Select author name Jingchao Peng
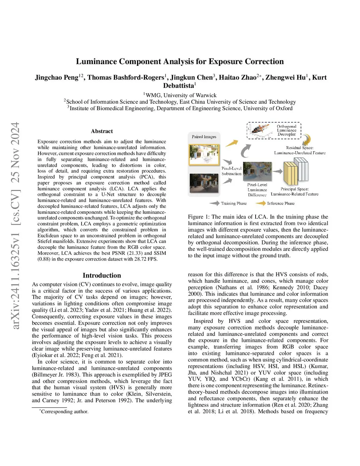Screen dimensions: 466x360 click(57, 77)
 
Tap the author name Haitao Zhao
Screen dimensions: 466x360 click(238, 77)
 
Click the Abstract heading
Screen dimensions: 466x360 click(102, 131)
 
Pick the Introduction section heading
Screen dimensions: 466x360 click(102, 275)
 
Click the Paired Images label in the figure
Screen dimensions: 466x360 click(204, 137)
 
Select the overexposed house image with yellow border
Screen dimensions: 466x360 click(204, 154)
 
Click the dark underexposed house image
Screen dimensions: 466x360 click(204, 183)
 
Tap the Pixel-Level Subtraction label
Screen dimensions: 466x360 click(231, 171)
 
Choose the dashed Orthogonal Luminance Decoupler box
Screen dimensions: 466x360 click(274, 130)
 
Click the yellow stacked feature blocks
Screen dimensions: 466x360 click(290, 173)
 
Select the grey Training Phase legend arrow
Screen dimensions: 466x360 click(214, 203)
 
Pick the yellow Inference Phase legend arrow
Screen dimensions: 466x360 click(261, 203)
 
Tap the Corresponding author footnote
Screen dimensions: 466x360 click(64, 411)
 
